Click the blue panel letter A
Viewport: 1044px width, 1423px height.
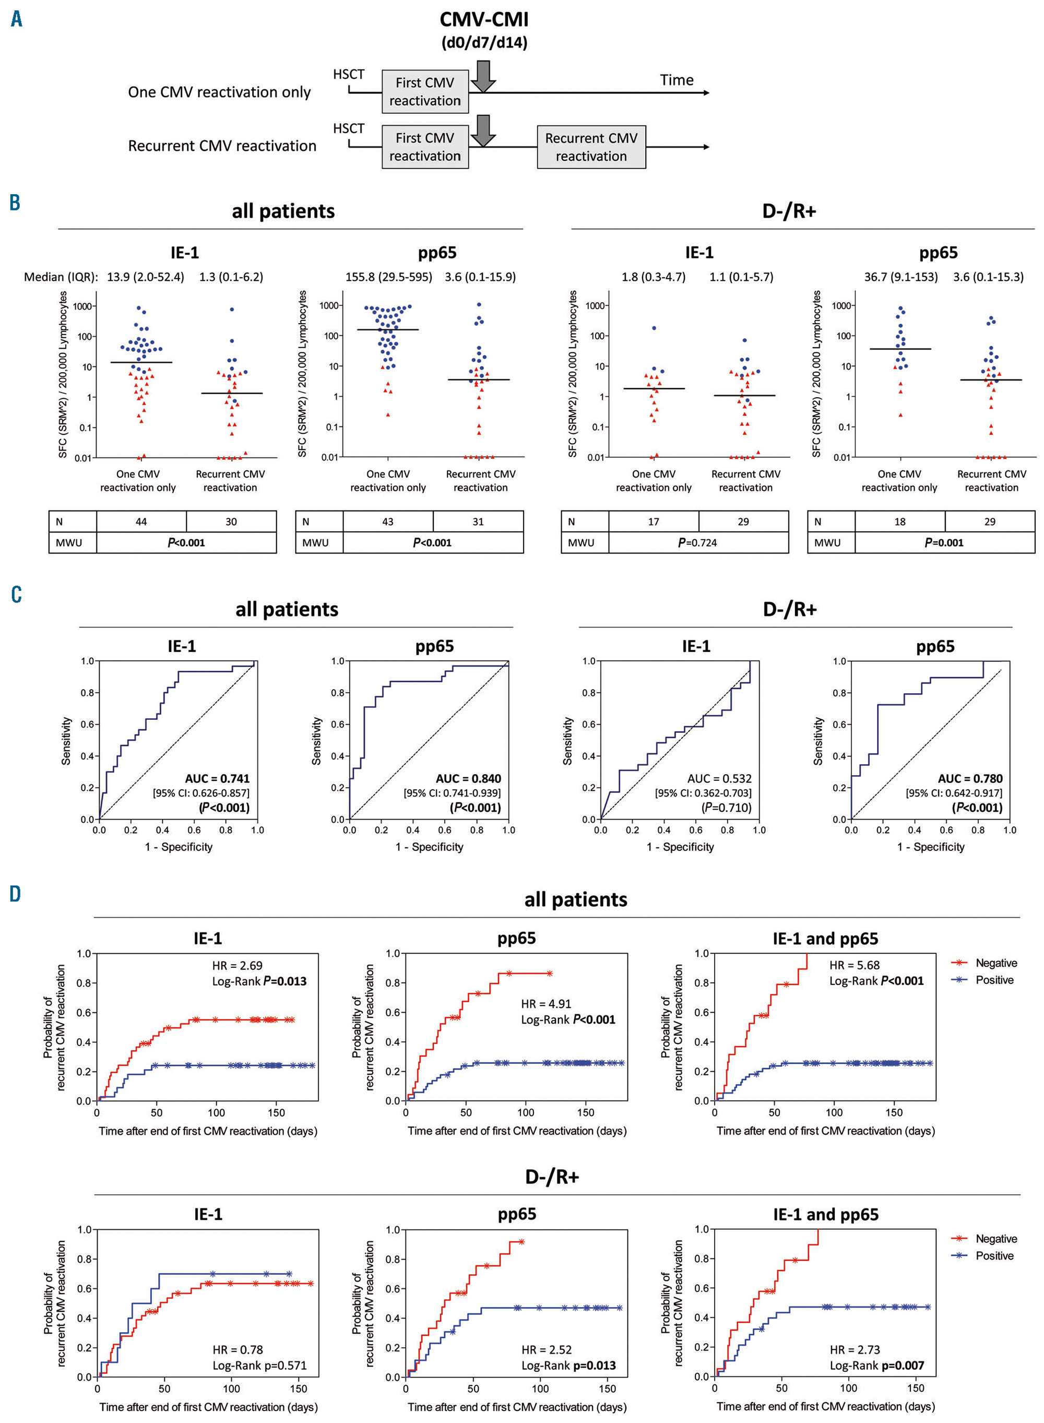pos(16,19)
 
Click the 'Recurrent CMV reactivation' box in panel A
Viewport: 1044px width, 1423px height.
pos(591,147)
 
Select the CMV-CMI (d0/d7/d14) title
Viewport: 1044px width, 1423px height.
pos(484,30)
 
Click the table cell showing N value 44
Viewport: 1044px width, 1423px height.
pos(141,522)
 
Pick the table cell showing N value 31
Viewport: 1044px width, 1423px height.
pos(478,522)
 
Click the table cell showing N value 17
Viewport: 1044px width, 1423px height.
pos(654,522)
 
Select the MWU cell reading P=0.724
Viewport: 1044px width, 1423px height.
pos(698,543)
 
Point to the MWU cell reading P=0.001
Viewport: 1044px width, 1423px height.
pos(944,543)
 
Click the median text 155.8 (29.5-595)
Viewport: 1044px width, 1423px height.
pos(389,277)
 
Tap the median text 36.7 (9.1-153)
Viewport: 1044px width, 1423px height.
pos(901,277)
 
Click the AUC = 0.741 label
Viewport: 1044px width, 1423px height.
pos(217,778)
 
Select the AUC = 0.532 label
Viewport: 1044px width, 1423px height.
pos(720,778)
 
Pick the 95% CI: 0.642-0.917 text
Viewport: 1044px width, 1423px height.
pos(954,793)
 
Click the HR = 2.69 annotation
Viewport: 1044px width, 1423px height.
pos(237,966)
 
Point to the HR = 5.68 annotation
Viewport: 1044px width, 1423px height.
pos(855,965)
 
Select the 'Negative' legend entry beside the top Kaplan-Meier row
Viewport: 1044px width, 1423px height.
pos(996,963)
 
